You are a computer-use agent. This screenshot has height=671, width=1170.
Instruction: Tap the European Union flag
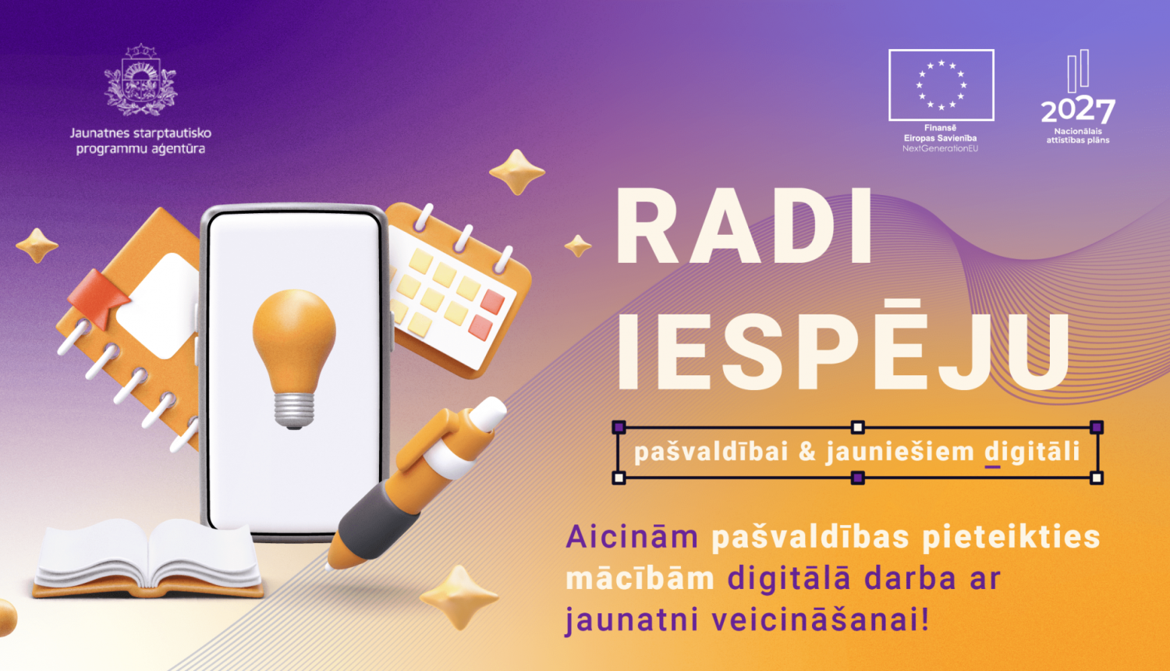tap(941, 85)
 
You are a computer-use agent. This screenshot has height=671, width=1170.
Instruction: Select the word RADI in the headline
tap(745, 229)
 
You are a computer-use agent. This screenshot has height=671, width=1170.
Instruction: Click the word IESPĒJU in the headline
tap(843, 352)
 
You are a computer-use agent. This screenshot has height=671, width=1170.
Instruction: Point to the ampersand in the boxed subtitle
tap(807, 452)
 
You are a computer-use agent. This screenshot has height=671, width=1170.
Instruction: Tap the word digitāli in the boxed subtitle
tap(1032, 452)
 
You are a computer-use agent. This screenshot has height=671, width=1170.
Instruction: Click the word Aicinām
tap(632, 537)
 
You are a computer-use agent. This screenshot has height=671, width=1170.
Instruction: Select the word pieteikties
tap(1011, 537)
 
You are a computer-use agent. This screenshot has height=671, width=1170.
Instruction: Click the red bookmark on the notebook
tap(98, 297)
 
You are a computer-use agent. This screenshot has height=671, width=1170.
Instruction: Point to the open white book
tap(148, 556)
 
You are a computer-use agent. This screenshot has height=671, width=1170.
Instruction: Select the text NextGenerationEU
tap(940, 148)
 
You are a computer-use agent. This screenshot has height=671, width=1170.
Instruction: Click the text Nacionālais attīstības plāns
tap(1078, 136)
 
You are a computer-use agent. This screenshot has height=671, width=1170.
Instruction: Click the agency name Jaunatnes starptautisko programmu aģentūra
tap(140, 140)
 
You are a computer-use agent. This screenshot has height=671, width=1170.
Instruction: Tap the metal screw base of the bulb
tap(294, 410)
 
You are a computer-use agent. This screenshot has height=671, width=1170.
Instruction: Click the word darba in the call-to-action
tap(909, 579)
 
